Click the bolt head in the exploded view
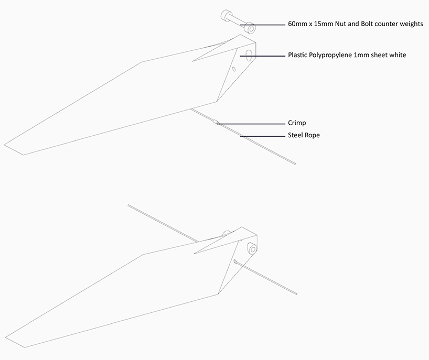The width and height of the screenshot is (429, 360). (x=226, y=15)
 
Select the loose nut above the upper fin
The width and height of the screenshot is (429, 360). (x=250, y=28)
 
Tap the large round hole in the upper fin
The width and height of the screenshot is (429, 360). (x=249, y=56)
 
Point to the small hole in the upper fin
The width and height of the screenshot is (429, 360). (x=234, y=69)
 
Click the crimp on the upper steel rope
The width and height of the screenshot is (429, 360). (x=216, y=122)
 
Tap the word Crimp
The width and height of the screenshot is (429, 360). (x=297, y=123)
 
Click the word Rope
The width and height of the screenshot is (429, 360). (x=312, y=135)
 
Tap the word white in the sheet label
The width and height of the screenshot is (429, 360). (x=398, y=55)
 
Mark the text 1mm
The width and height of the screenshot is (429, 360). (x=361, y=55)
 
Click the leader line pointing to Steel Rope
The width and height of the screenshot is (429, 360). (x=263, y=136)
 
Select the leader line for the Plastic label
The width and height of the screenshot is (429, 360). (x=263, y=56)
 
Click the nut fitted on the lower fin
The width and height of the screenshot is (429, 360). (x=252, y=248)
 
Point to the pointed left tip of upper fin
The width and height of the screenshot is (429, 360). (x=4, y=145)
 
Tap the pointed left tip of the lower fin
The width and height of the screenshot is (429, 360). (x=5, y=337)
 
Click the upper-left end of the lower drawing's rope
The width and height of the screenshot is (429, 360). (x=128, y=205)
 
